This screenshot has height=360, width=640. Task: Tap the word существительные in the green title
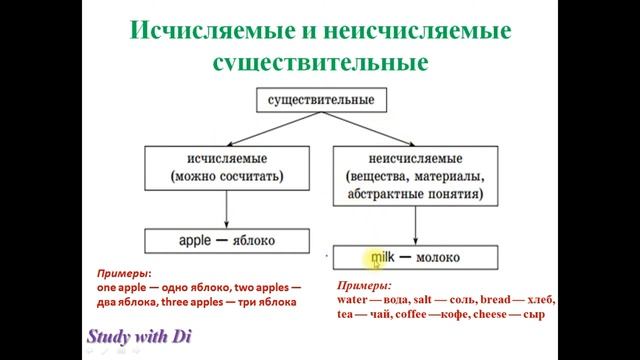coord(320,62)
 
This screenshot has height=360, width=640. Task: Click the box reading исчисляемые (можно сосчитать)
coord(227,167)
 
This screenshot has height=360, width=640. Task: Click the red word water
coord(354,300)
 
